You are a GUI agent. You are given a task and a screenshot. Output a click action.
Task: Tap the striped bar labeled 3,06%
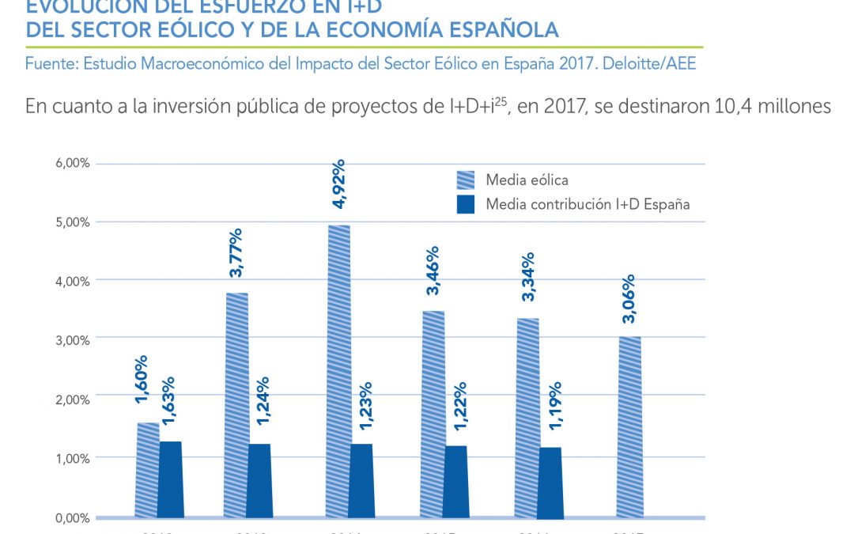pos(630,427)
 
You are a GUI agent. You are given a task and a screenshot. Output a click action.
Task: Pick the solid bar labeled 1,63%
pos(171,479)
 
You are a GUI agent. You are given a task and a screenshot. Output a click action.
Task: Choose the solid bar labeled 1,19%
pos(550,482)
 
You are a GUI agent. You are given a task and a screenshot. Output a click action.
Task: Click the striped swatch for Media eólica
pos(466,180)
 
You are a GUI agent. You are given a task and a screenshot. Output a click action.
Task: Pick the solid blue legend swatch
pos(466,204)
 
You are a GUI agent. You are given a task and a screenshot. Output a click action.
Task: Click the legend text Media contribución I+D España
pos(588,204)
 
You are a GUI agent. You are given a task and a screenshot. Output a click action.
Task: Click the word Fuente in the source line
pos(48,63)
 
